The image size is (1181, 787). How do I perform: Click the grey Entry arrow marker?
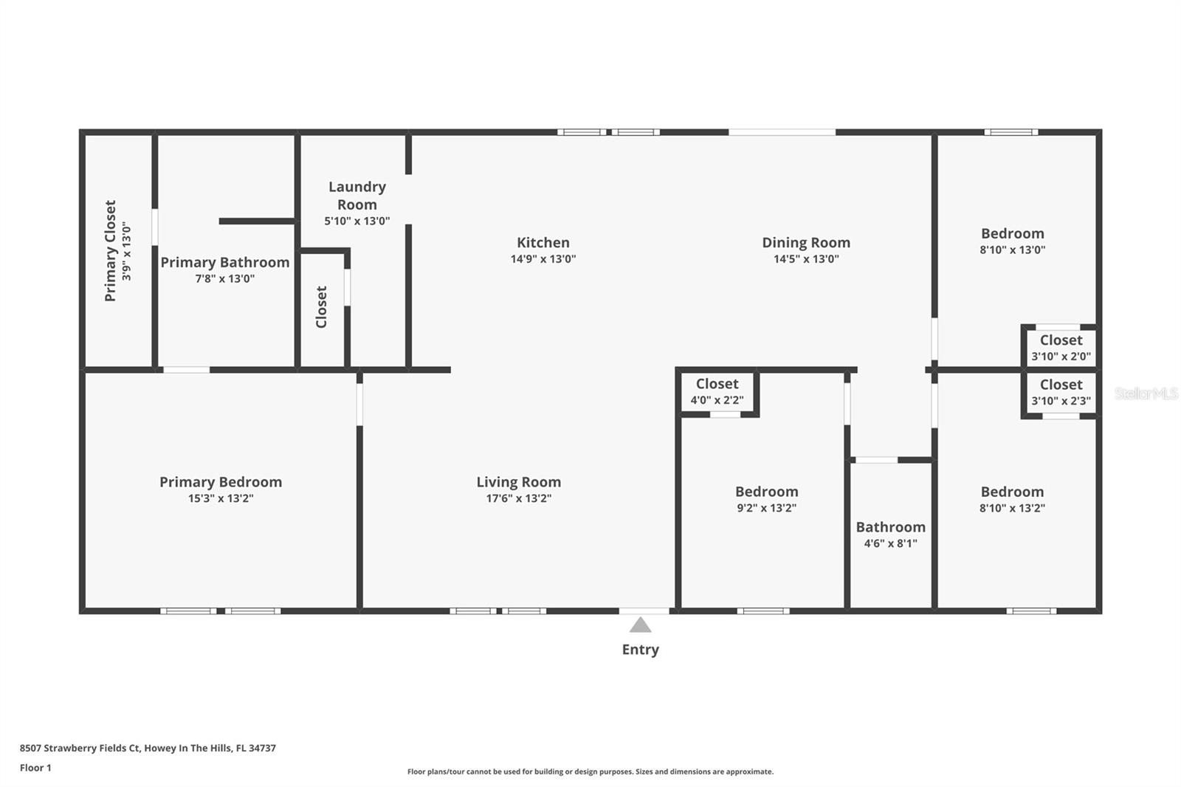640,625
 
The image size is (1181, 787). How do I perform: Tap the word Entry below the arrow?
641,650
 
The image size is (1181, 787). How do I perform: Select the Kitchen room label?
543,243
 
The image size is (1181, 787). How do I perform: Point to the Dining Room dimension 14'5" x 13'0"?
806,259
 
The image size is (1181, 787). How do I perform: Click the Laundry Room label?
357,196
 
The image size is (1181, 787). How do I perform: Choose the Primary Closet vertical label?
110,250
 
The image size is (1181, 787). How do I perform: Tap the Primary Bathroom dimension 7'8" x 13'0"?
225,278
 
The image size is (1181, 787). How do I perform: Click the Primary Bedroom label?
221,482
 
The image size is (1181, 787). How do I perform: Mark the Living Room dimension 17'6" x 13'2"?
519,498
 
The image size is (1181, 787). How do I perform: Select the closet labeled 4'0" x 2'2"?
717,391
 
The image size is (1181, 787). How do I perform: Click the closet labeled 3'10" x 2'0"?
1061,348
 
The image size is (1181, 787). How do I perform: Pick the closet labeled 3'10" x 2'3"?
1061,393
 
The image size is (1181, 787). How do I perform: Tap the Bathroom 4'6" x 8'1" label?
890,535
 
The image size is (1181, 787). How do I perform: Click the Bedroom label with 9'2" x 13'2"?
767,492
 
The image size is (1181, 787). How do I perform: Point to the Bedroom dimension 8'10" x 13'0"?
1012,250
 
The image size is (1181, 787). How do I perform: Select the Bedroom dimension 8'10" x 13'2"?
1012,508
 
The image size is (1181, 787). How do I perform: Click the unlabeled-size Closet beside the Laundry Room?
321,307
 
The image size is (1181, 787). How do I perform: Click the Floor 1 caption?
36,768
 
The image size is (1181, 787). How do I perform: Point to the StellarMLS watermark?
1146,393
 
